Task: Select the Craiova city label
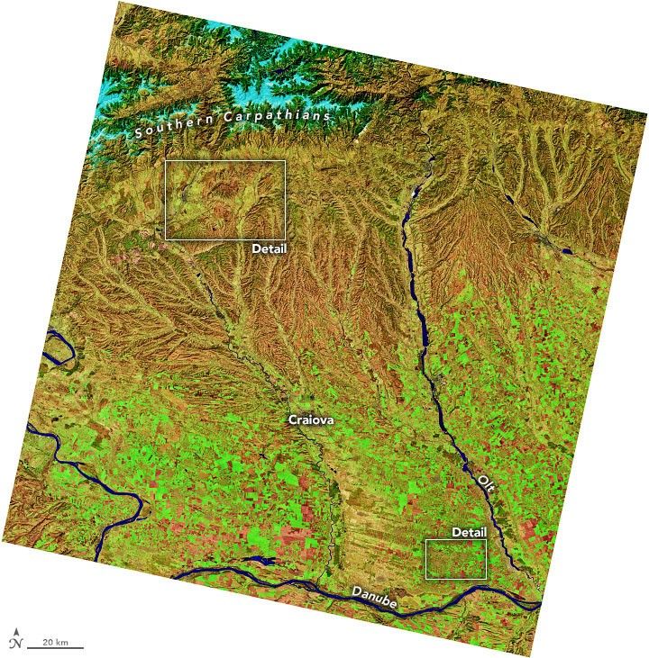coord(309,419)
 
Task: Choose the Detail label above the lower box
coord(469,532)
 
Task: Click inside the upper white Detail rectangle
coord(225,199)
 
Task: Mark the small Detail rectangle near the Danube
coord(455,559)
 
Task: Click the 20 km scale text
coord(54,641)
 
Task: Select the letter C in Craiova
coord(292,419)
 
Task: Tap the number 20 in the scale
coord(47,641)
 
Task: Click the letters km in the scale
coord(61,641)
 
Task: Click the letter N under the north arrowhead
coord(15,643)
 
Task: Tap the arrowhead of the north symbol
coord(15,632)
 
